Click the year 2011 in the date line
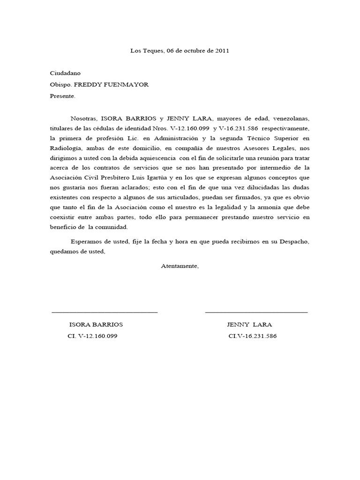[x=222, y=51]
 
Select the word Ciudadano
[x=65, y=73]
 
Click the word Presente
[x=62, y=96]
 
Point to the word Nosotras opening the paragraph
[x=82, y=118]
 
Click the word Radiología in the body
[x=66, y=148]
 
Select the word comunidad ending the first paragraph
[x=112, y=227]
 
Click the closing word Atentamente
[x=180, y=266]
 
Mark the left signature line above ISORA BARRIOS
[x=105, y=312]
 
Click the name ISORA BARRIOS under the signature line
[x=96, y=324]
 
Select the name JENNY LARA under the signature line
[x=249, y=324]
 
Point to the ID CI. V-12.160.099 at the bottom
[x=92, y=336]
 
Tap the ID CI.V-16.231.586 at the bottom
[x=252, y=336]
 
